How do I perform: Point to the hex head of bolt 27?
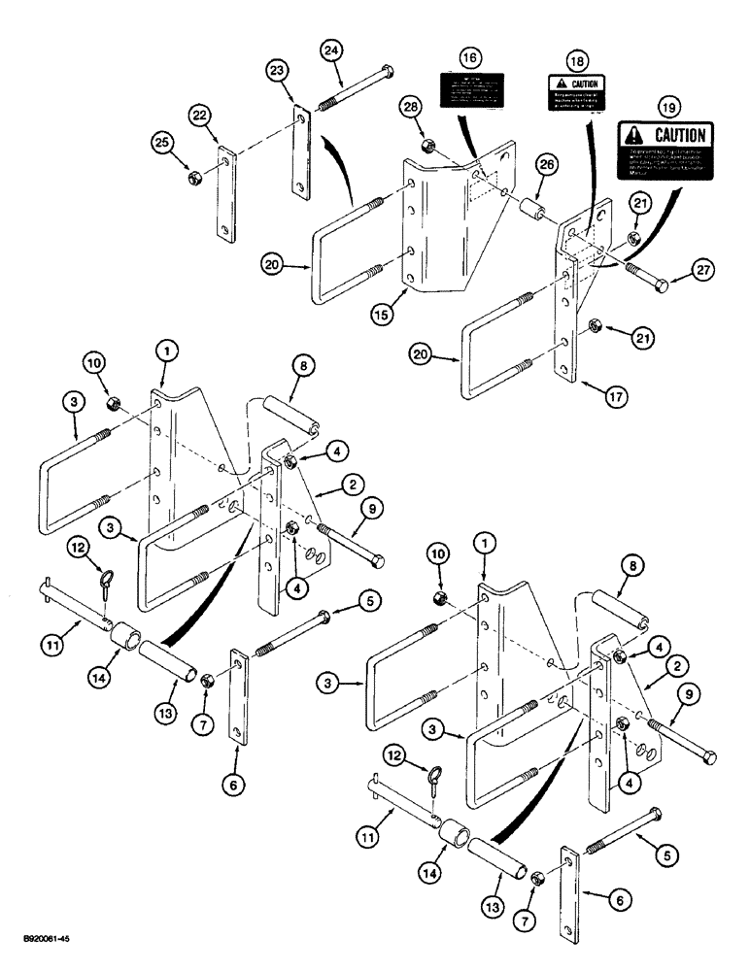pos(660,285)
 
